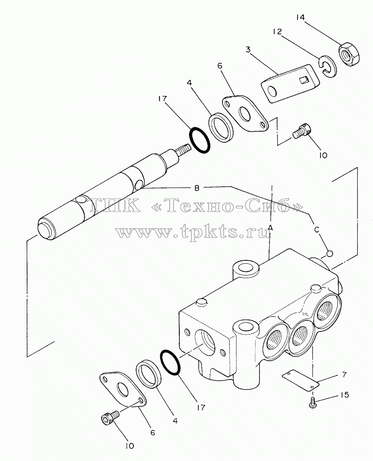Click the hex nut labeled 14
tap(349, 55)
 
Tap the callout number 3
tap(248, 50)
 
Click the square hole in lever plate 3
tap(303, 79)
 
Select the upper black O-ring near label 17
tap(199, 140)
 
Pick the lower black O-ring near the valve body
tap(170, 362)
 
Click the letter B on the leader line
tap(197, 188)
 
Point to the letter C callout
tap(317, 229)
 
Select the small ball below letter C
tap(329, 253)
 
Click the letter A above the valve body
tap(270, 227)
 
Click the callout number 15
tap(344, 395)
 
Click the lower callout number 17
tap(201, 407)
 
